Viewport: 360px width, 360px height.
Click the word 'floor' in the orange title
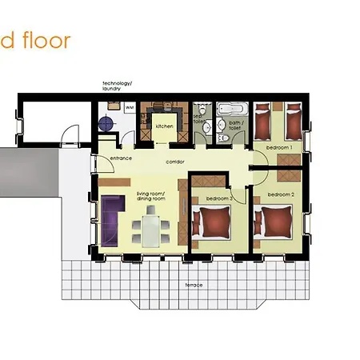[x=47, y=40]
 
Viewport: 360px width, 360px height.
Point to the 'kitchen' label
[x=164, y=126]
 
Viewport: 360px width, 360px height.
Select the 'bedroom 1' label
[x=279, y=148]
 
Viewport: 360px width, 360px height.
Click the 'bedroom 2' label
[x=282, y=194]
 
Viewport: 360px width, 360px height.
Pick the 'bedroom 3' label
[x=219, y=198]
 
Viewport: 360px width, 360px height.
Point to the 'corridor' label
[x=175, y=162]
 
